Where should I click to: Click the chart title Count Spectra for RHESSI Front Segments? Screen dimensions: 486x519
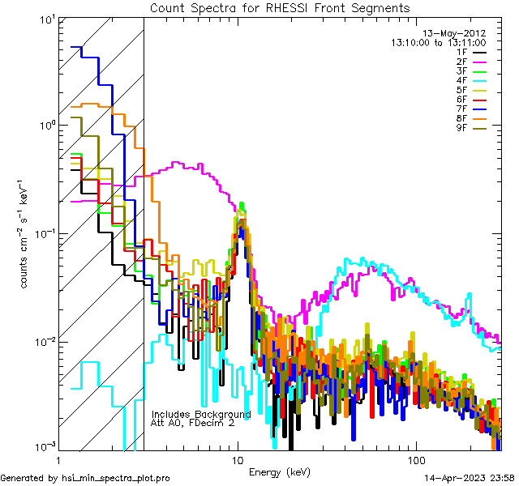[280, 8]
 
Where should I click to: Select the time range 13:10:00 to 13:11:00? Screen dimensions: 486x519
[439, 42]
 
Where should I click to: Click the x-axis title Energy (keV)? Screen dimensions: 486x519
[280, 471]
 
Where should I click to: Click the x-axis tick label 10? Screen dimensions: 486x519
[238, 458]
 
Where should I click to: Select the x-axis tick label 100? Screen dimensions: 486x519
[415, 458]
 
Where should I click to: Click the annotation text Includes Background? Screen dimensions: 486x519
[200, 414]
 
